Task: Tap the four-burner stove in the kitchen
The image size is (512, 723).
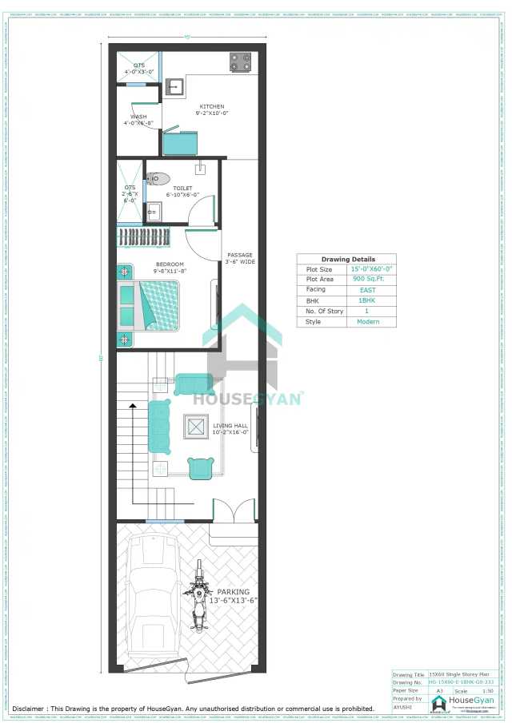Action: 240,62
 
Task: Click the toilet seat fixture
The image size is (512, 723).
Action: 158,178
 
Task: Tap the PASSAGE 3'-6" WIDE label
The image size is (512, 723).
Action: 240,258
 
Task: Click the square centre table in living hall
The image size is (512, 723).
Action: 195,427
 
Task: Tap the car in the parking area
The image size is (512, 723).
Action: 154,595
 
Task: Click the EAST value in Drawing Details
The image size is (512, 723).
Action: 367,290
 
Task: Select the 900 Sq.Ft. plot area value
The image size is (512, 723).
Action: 367,280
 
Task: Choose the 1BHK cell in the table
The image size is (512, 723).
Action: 367,300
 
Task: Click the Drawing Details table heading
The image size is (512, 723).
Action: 348,260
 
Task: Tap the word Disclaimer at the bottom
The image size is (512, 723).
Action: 28,709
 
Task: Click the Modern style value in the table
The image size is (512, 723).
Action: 367,321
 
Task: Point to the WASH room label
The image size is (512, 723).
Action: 133,120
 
